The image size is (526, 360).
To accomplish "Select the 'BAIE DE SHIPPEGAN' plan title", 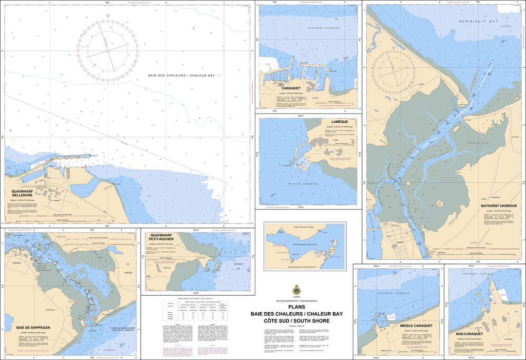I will click(x=33, y=327).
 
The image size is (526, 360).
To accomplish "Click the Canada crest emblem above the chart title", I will click(x=296, y=290).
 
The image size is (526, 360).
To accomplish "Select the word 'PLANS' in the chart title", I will click(x=296, y=307).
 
